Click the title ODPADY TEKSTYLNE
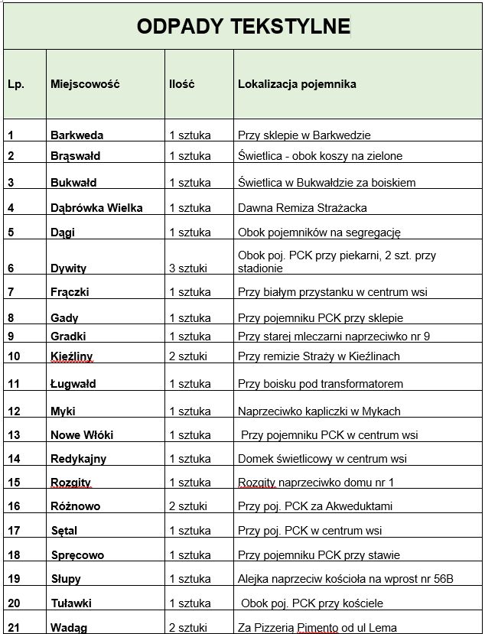tap(242, 27)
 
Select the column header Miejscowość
tap(85, 84)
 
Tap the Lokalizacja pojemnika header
tap(297, 84)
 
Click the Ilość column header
tap(181, 84)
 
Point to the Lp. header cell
tap(16, 84)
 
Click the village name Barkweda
tap(76, 135)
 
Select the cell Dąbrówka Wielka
tap(96, 207)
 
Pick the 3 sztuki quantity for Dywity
tap(189, 268)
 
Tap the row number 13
tap(15, 435)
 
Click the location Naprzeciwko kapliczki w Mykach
tap(319, 411)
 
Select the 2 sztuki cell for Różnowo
tap(189, 506)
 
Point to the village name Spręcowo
tap(77, 555)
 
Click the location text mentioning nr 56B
tap(346, 579)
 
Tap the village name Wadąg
tap(69, 628)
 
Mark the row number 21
tap(15, 628)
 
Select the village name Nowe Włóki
tap(82, 435)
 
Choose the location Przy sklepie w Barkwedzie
tap(304, 135)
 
